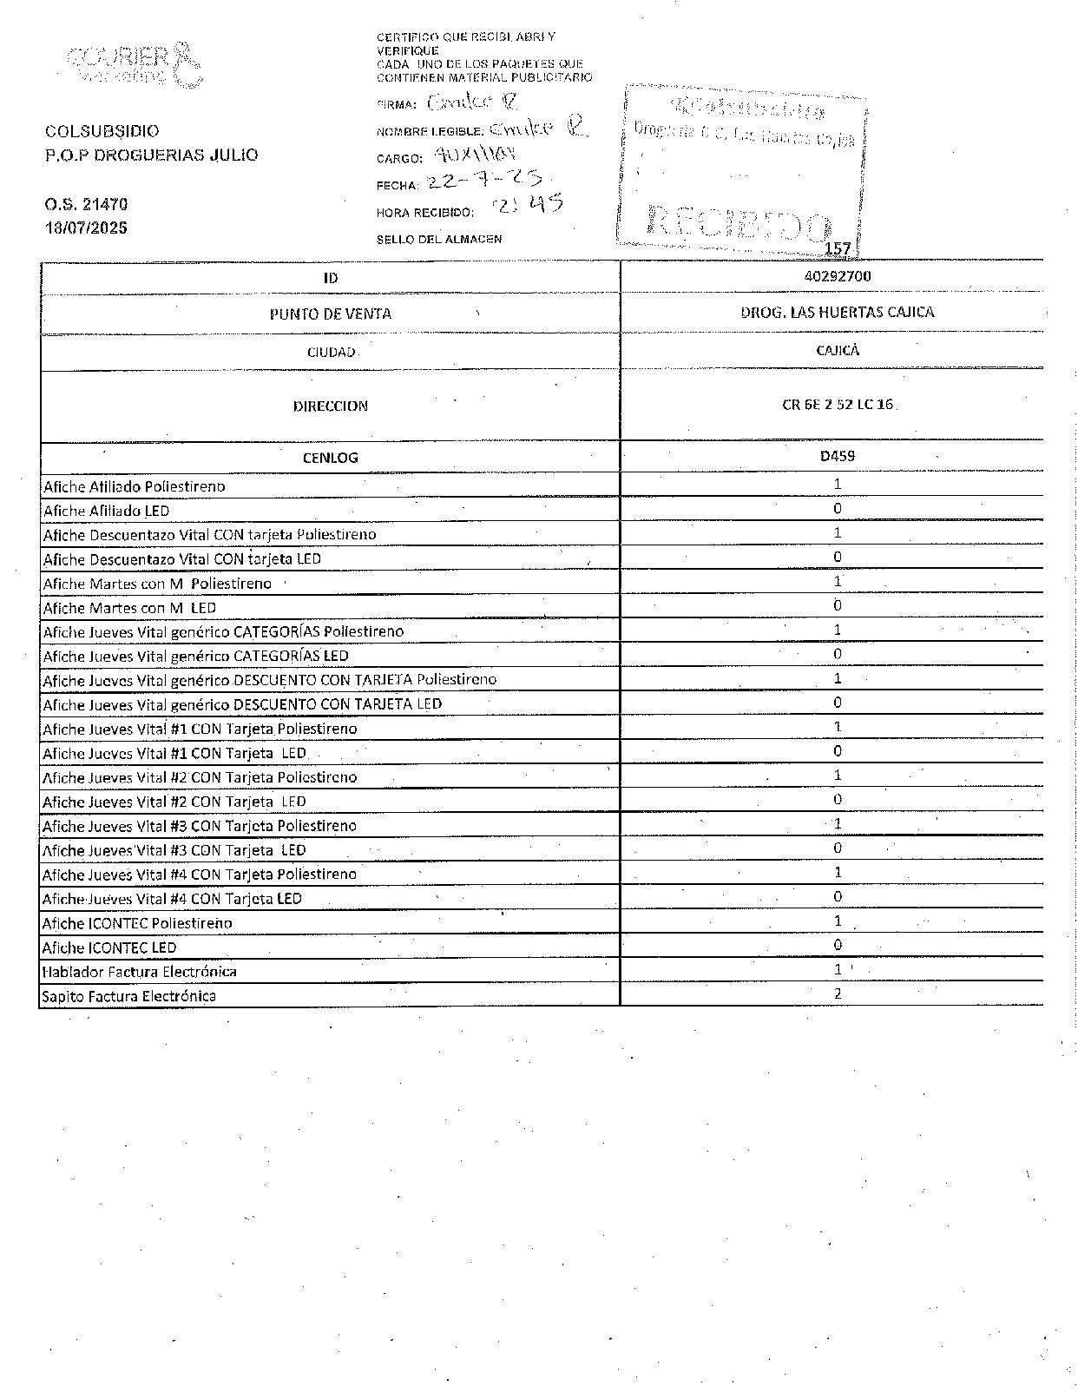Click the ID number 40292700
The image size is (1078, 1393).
click(x=838, y=276)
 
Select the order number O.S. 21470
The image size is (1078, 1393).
click(x=86, y=205)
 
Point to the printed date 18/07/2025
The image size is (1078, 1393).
click(x=86, y=228)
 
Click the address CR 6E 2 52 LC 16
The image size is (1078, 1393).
click(x=838, y=405)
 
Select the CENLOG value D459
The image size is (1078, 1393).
click(x=838, y=456)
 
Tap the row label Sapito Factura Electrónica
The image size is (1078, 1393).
click(x=129, y=996)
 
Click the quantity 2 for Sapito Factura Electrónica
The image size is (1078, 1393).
click(x=838, y=994)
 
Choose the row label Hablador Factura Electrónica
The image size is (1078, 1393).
click(x=140, y=972)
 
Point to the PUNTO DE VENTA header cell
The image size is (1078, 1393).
click(x=330, y=314)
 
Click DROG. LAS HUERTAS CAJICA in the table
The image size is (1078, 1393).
click(x=838, y=313)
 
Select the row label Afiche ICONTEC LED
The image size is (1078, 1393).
click(x=109, y=947)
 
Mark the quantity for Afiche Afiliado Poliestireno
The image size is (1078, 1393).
click(x=838, y=485)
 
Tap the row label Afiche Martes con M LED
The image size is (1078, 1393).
click(x=129, y=608)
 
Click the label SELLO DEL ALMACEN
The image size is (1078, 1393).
click(x=438, y=240)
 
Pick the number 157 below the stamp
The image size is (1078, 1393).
click(x=838, y=249)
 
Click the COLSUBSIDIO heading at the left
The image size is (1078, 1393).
click(x=102, y=132)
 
